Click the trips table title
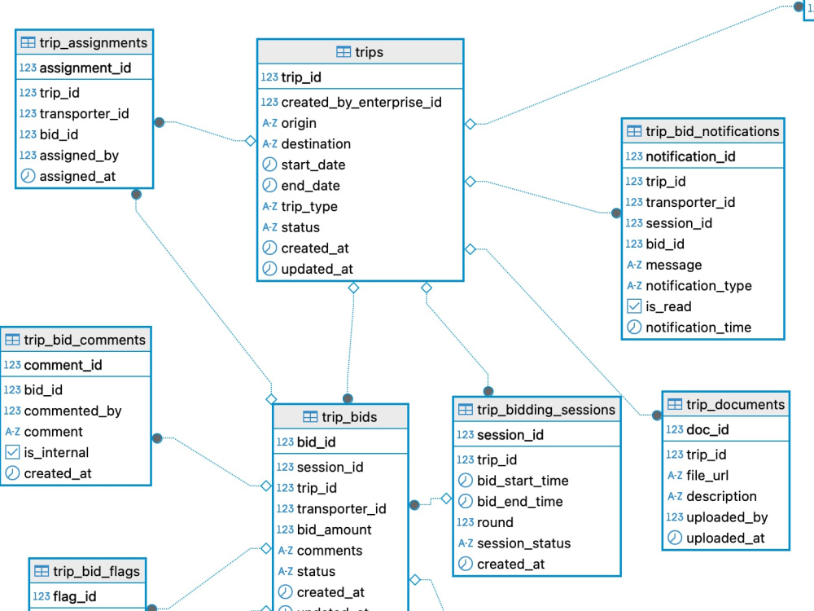click(369, 52)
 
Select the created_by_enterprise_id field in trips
click(361, 103)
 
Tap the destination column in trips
click(316, 144)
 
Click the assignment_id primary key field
click(85, 68)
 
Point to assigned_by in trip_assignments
click(79, 156)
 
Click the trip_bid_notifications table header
click(712, 131)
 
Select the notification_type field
click(698, 286)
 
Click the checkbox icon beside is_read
click(634, 306)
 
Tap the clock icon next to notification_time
click(634, 327)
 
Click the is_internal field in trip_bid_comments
click(56, 452)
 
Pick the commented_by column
click(72, 411)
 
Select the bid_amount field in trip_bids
click(335, 530)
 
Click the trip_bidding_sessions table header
click(546, 410)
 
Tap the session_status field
click(523, 543)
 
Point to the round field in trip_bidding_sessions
click(495, 523)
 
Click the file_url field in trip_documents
click(707, 476)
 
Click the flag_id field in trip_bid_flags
click(75, 596)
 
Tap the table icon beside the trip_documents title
click(675, 404)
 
